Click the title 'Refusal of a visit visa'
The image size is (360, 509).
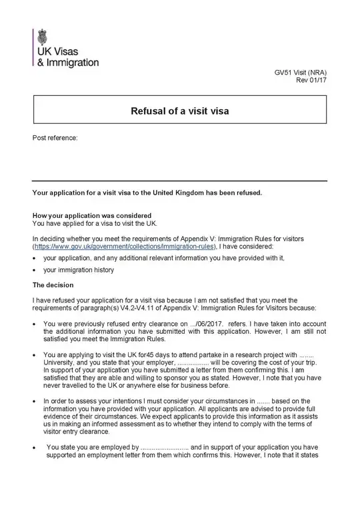click(179, 111)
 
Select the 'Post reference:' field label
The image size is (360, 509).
click(55, 138)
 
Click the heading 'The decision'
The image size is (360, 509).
click(53, 285)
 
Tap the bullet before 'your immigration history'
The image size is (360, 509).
click(35, 270)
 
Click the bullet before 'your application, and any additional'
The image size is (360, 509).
click(35, 257)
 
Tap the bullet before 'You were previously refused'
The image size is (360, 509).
click(35, 323)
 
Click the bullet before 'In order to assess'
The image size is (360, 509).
click(35, 401)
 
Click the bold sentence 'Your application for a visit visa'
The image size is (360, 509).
click(147, 193)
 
